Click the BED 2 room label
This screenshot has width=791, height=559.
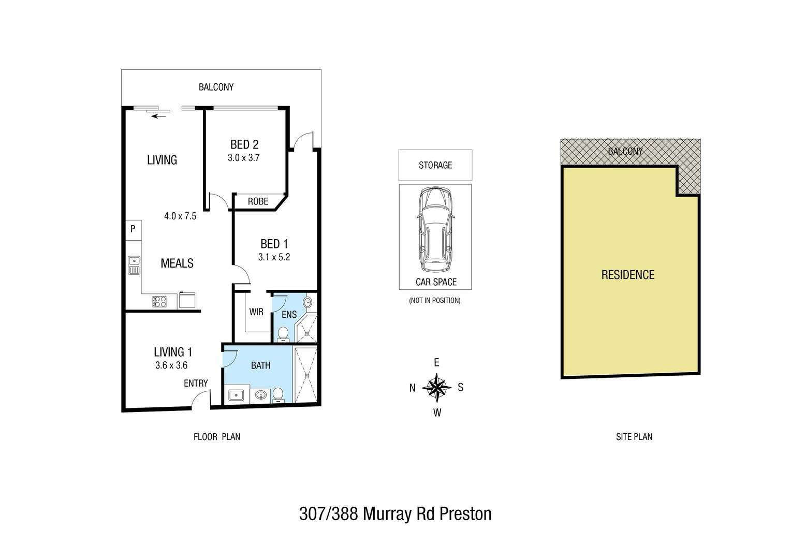244,145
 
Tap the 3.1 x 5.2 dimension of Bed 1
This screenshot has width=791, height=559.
274,257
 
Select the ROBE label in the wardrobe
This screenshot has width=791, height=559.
258,201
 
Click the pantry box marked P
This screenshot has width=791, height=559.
133,229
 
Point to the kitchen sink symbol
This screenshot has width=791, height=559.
134,265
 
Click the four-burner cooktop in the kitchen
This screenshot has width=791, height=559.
159,301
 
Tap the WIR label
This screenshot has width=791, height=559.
256,312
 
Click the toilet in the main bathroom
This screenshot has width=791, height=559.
278,395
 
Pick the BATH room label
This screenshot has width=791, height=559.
260,365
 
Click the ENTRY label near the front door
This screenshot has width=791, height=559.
196,383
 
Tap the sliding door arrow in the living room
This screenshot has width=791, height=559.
158,116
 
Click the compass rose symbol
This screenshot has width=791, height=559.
437,387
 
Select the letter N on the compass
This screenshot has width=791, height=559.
413,388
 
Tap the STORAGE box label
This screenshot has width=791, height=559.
435,165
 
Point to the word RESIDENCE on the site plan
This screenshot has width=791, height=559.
627,275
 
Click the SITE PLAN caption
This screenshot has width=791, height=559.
634,437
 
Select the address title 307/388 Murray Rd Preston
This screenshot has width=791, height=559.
395,514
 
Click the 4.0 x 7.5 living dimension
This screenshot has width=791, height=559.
180,216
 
